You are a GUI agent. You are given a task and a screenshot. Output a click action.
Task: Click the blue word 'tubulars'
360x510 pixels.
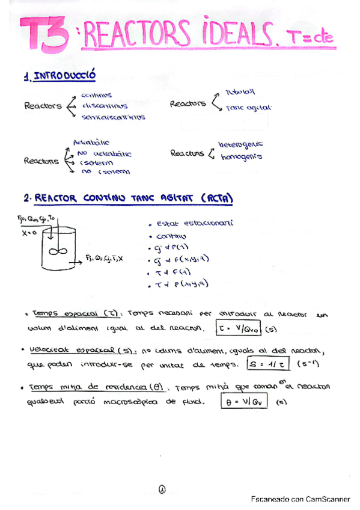(240, 92)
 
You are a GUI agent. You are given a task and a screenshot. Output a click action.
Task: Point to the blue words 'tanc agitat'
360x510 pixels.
(249, 108)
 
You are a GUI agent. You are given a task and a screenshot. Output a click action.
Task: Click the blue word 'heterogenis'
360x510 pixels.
(240, 144)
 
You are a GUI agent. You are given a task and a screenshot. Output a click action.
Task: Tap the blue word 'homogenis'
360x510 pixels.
(241, 157)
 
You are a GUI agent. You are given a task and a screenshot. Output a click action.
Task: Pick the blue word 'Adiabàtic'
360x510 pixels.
(91, 143)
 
